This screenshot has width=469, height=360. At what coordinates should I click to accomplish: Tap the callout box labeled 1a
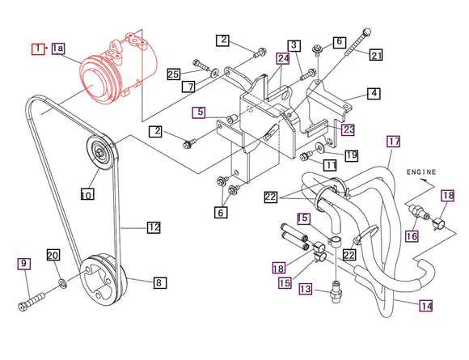click(x=59, y=49)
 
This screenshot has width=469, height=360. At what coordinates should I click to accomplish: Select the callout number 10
click(x=87, y=194)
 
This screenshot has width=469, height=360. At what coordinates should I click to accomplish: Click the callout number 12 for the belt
click(x=154, y=227)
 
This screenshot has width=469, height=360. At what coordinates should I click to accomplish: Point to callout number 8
click(x=158, y=283)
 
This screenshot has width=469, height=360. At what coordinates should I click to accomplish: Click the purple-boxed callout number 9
click(x=23, y=263)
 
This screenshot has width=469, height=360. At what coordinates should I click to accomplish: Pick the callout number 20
click(x=53, y=256)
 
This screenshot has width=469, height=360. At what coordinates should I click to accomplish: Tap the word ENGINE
click(x=421, y=172)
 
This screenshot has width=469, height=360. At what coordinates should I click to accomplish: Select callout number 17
click(x=393, y=142)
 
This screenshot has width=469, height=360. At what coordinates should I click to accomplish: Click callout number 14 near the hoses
click(x=426, y=305)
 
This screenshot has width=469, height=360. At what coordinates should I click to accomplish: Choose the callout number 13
click(x=305, y=290)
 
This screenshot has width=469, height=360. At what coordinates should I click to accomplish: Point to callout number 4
click(x=373, y=93)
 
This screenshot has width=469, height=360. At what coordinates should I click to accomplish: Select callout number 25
click(x=173, y=74)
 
